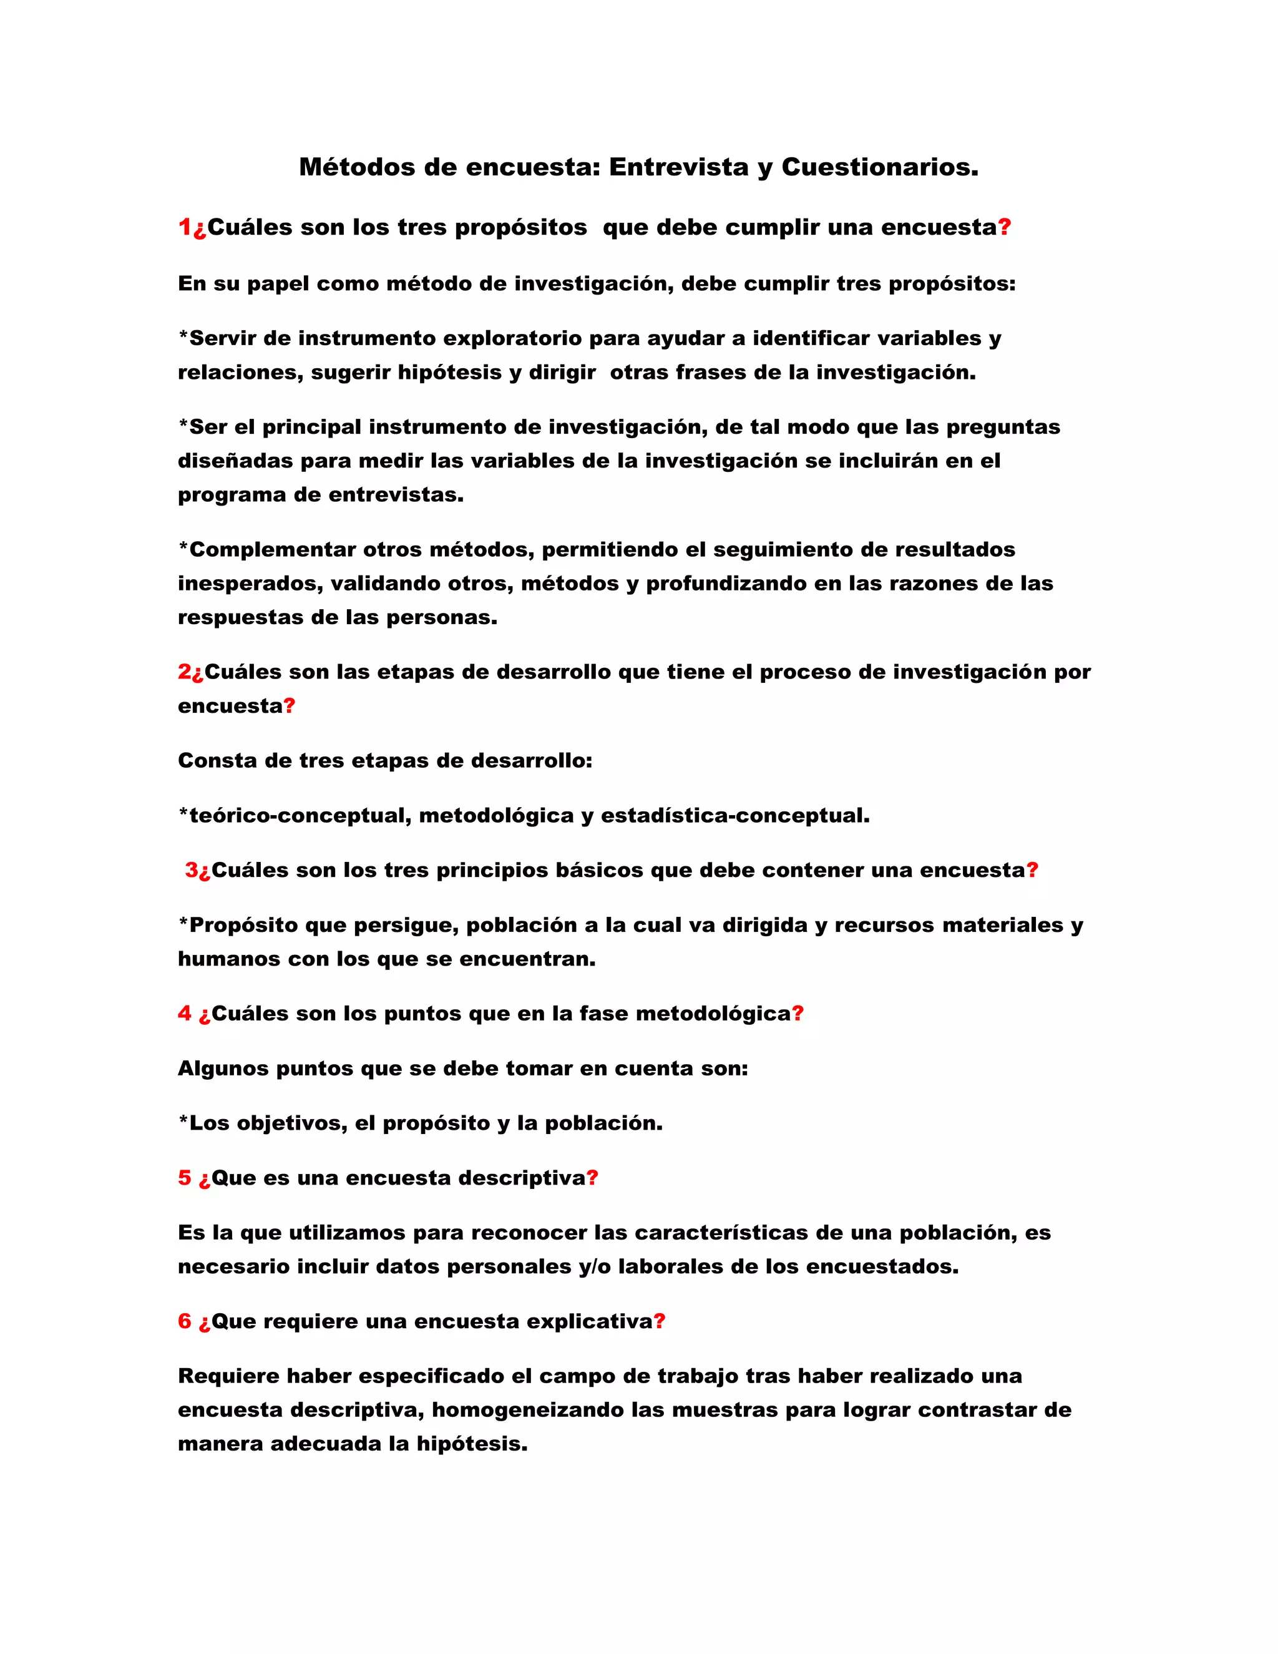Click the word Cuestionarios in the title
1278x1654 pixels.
coord(879,167)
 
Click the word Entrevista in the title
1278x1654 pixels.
coord(678,167)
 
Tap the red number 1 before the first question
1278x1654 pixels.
coord(184,227)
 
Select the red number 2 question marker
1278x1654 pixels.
coord(184,672)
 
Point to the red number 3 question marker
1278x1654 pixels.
coord(192,870)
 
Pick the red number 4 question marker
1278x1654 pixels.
coord(184,1014)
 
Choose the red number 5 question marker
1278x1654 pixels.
coord(184,1178)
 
